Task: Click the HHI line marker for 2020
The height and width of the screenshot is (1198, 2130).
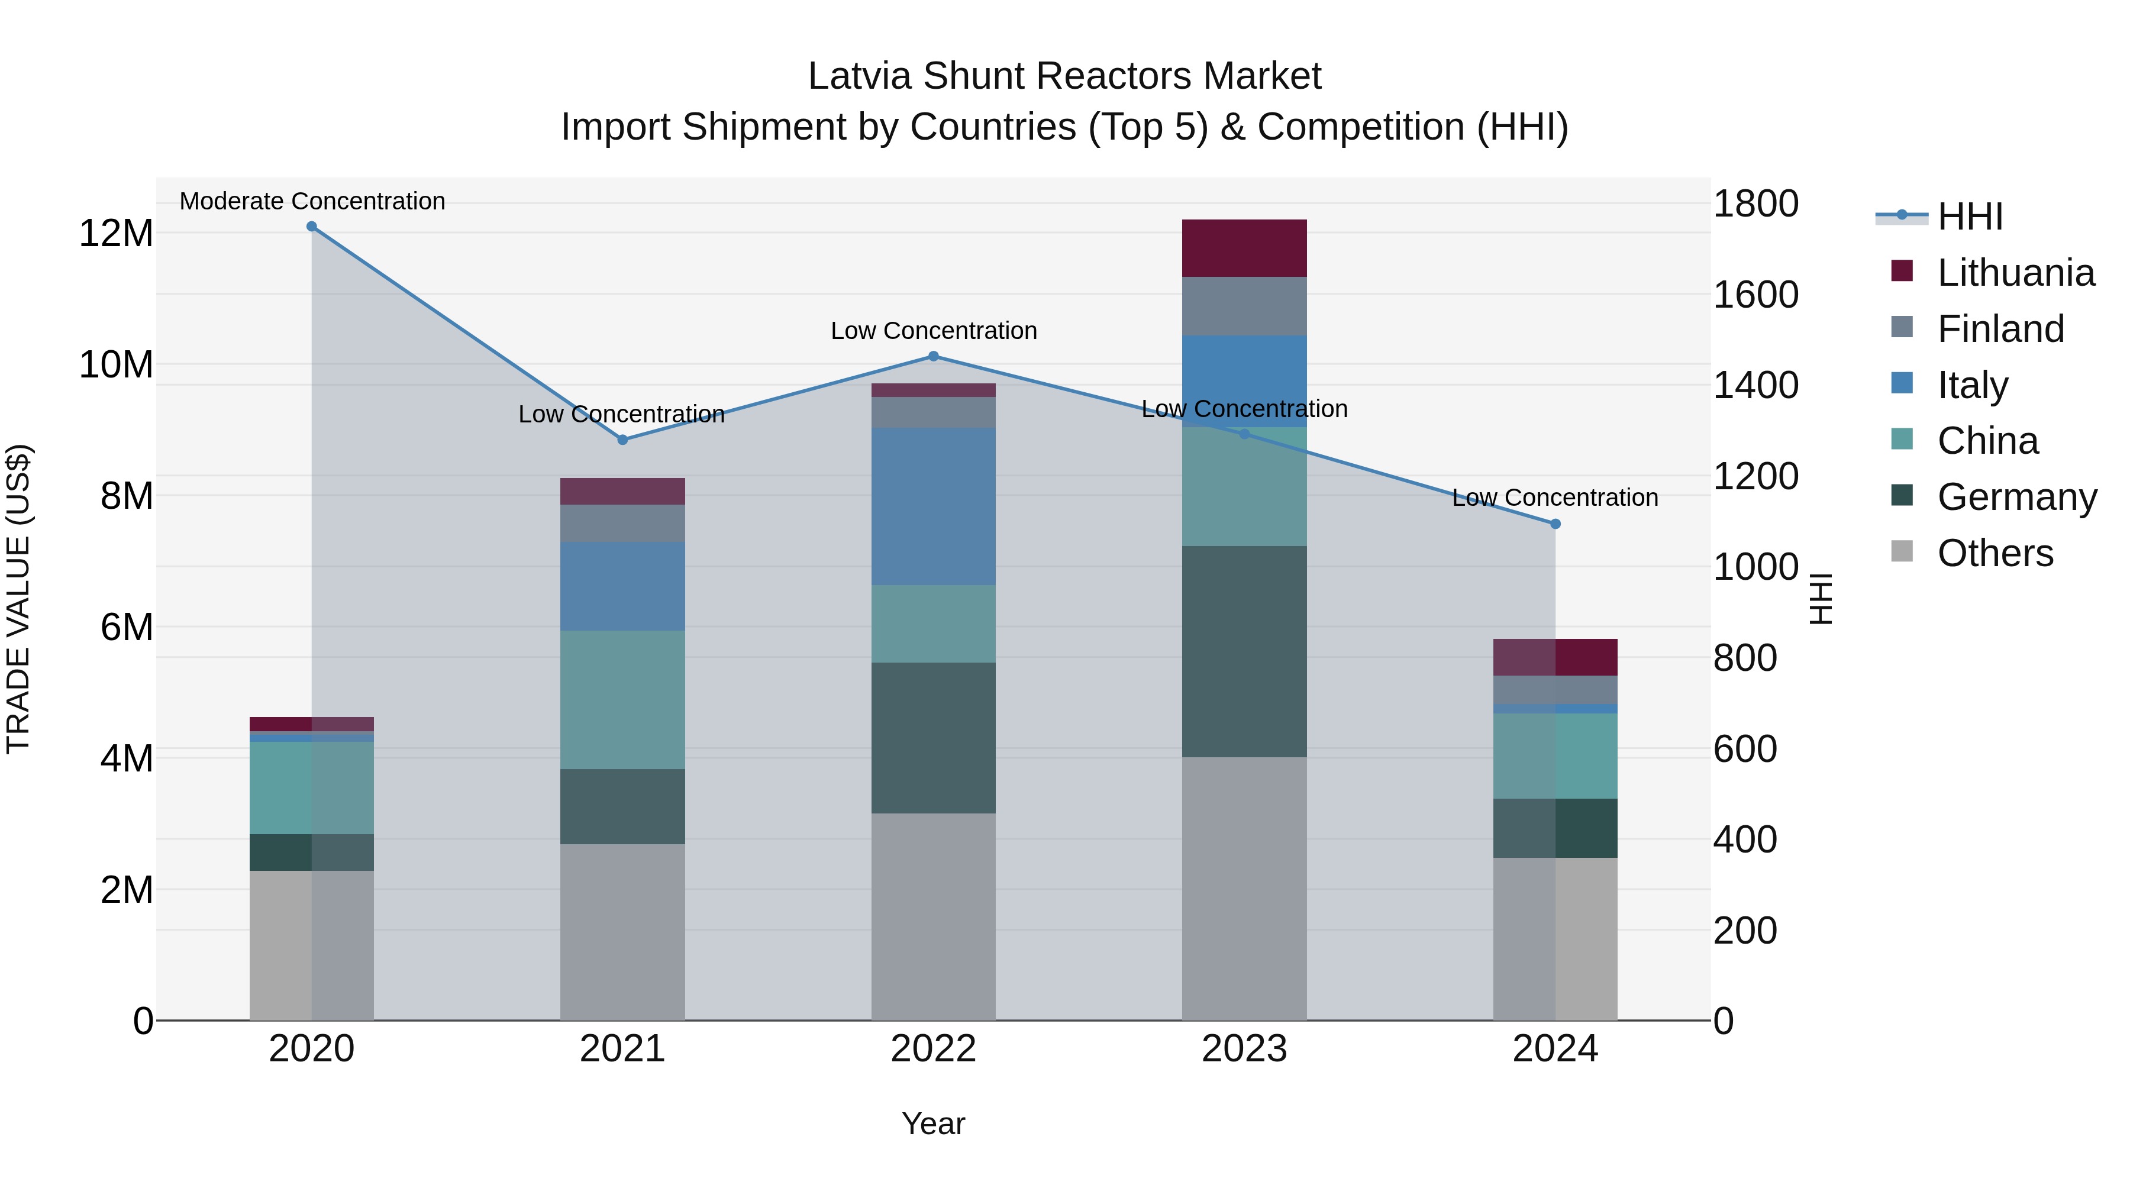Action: (312, 227)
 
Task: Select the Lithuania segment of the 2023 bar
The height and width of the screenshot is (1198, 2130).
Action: (1244, 248)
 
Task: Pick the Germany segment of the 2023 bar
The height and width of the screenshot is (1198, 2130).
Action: (1244, 651)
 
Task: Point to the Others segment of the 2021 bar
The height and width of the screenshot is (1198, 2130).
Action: (622, 932)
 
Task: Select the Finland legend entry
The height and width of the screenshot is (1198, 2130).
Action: (2000, 329)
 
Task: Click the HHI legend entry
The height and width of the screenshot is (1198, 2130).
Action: (1970, 217)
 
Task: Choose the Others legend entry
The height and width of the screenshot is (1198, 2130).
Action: (1995, 553)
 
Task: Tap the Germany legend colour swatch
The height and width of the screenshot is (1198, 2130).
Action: (1902, 496)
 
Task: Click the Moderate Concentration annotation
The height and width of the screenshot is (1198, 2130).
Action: (312, 201)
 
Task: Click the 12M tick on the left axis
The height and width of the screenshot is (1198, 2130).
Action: (116, 233)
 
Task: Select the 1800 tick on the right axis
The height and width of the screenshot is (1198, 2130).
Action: (1755, 204)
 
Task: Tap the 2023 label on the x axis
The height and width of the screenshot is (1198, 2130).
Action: (1244, 1049)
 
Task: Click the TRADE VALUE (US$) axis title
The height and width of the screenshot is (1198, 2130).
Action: (18, 599)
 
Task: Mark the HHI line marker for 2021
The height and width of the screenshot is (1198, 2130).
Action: (622, 440)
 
